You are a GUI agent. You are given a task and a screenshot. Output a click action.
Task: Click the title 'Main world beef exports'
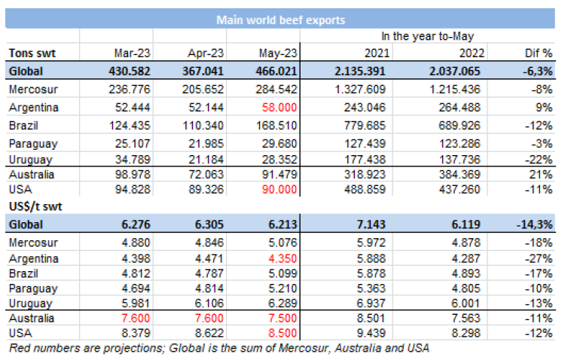pos(280,20)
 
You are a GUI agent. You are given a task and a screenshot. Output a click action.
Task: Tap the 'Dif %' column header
pos(538,53)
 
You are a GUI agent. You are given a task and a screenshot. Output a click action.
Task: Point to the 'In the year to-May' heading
pos(427,35)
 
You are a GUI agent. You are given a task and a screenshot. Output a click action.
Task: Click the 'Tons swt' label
pos(32,53)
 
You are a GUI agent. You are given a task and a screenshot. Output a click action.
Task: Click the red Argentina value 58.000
pos(282,107)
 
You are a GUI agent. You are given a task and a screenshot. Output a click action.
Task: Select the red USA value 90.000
pos(282,188)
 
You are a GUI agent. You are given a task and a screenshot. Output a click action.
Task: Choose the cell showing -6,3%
pos(538,71)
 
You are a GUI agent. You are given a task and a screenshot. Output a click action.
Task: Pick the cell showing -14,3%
pos(535,224)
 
